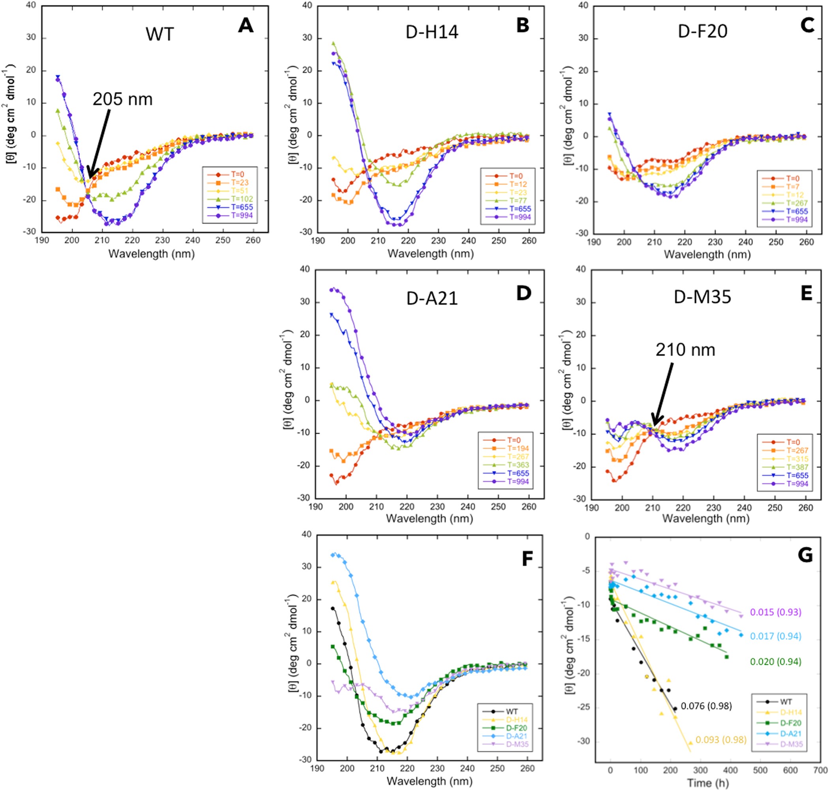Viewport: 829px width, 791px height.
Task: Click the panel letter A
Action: [246, 26]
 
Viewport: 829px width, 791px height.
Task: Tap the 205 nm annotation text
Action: [122, 99]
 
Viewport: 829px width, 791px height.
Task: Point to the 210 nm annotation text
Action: [685, 350]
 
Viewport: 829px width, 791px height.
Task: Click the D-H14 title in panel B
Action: [432, 32]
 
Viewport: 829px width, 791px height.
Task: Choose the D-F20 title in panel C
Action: [703, 32]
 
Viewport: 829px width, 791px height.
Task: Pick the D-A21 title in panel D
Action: [432, 298]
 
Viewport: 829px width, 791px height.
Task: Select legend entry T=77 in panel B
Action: [518, 201]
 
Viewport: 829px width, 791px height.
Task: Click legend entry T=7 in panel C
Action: [793, 187]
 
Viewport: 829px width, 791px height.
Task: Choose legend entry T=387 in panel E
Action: [797, 467]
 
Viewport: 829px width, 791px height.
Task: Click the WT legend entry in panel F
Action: [512, 712]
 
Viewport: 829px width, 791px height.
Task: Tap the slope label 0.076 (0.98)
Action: [706, 706]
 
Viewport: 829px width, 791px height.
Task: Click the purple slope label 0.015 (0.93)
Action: [775, 612]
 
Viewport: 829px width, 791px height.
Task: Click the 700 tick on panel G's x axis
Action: [820, 770]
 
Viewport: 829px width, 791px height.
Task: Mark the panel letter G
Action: [805, 555]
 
